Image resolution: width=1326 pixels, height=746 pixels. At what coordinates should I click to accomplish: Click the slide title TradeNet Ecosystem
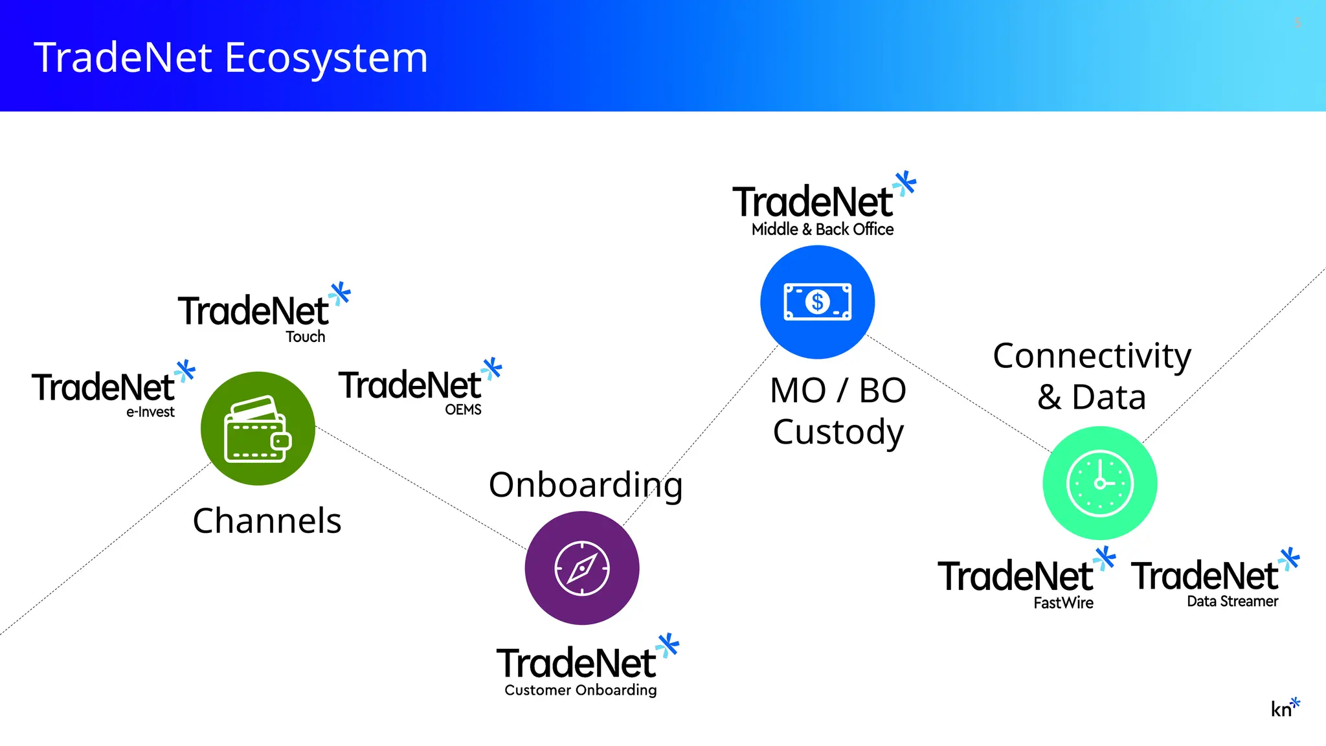click(x=230, y=58)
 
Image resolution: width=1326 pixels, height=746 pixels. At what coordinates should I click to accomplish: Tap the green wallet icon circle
click(x=258, y=429)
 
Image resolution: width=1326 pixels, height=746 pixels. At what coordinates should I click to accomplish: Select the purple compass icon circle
click(x=582, y=568)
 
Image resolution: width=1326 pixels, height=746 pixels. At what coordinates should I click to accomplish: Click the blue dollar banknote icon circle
click(x=817, y=302)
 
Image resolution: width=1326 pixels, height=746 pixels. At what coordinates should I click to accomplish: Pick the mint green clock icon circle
click(x=1099, y=483)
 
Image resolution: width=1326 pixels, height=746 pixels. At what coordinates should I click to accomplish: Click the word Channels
click(x=267, y=521)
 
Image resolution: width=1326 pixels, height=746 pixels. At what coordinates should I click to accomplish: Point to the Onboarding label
click(x=585, y=486)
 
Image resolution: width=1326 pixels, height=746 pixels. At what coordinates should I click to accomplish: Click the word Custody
click(x=838, y=433)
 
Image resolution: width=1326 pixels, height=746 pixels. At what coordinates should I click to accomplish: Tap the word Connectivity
click(x=1092, y=356)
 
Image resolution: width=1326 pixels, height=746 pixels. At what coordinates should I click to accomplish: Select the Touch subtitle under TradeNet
click(x=306, y=337)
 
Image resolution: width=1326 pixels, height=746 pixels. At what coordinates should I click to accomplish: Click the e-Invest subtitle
click(x=150, y=412)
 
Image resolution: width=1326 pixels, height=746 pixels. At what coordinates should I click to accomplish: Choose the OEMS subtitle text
click(x=463, y=410)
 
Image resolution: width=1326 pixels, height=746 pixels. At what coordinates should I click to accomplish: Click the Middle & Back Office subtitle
click(x=822, y=229)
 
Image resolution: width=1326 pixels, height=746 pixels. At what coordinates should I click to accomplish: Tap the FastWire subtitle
click(x=1063, y=603)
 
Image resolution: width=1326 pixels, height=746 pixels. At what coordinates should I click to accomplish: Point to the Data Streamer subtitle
click(x=1232, y=602)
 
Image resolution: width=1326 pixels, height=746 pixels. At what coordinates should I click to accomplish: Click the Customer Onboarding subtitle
click(x=581, y=690)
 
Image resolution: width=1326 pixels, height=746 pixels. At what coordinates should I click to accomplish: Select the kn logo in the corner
click(x=1285, y=708)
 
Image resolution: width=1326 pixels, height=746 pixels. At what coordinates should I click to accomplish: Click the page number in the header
click(x=1298, y=23)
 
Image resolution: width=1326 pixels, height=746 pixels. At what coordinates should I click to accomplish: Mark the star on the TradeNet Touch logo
click(x=340, y=294)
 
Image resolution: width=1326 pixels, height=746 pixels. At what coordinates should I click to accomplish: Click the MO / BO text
click(x=838, y=391)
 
